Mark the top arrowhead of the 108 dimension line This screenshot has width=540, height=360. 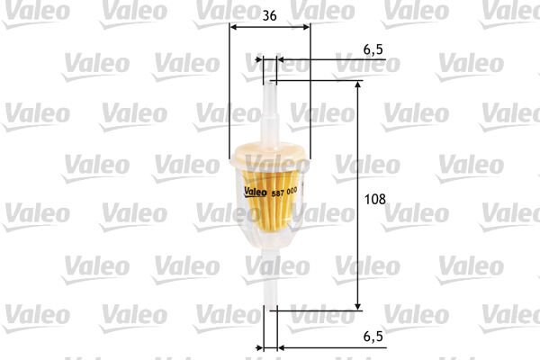(x=359, y=85)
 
